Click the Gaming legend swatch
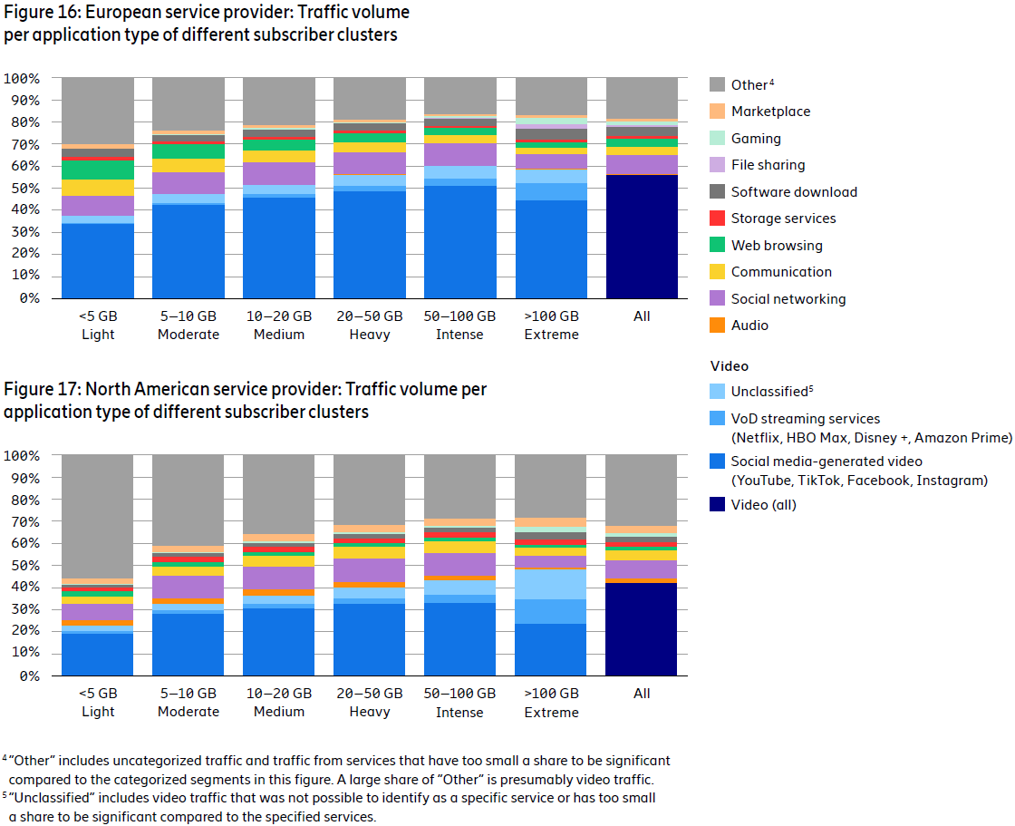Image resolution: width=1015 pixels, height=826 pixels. pyautogui.click(x=717, y=139)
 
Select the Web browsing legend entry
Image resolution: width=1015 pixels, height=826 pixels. pyautogui.click(x=777, y=246)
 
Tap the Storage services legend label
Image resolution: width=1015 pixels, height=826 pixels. pyautogui.click(x=783, y=219)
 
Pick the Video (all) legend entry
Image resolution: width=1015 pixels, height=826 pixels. pyautogui.click(x=763, y=505)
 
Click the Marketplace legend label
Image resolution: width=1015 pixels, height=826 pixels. pyautogui.click(x=770, y=112)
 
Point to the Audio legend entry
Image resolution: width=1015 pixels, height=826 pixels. pyautogui.click(x=749, y=326)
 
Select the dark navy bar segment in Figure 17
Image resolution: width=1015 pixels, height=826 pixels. pyautogui.click(x=642, y=628)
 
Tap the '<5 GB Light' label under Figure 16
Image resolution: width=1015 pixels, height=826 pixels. pyautogui.click(x=98, y=326)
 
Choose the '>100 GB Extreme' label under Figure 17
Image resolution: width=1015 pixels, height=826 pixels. pyautogui.click(x=551, y=703)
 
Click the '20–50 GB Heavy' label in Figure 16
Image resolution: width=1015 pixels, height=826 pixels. pyautogui.click(x=370, y=326)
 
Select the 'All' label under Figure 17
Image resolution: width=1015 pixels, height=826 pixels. pyautogui.click(x=642, y=694)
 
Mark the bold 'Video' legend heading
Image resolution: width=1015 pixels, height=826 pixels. pyautogui.click(x=730, y=366)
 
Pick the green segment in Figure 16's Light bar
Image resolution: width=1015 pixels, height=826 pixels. pyautogui.click(x=98, y=170)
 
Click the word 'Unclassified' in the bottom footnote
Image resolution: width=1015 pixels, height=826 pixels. pyautogui.click(x=48, y=799)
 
